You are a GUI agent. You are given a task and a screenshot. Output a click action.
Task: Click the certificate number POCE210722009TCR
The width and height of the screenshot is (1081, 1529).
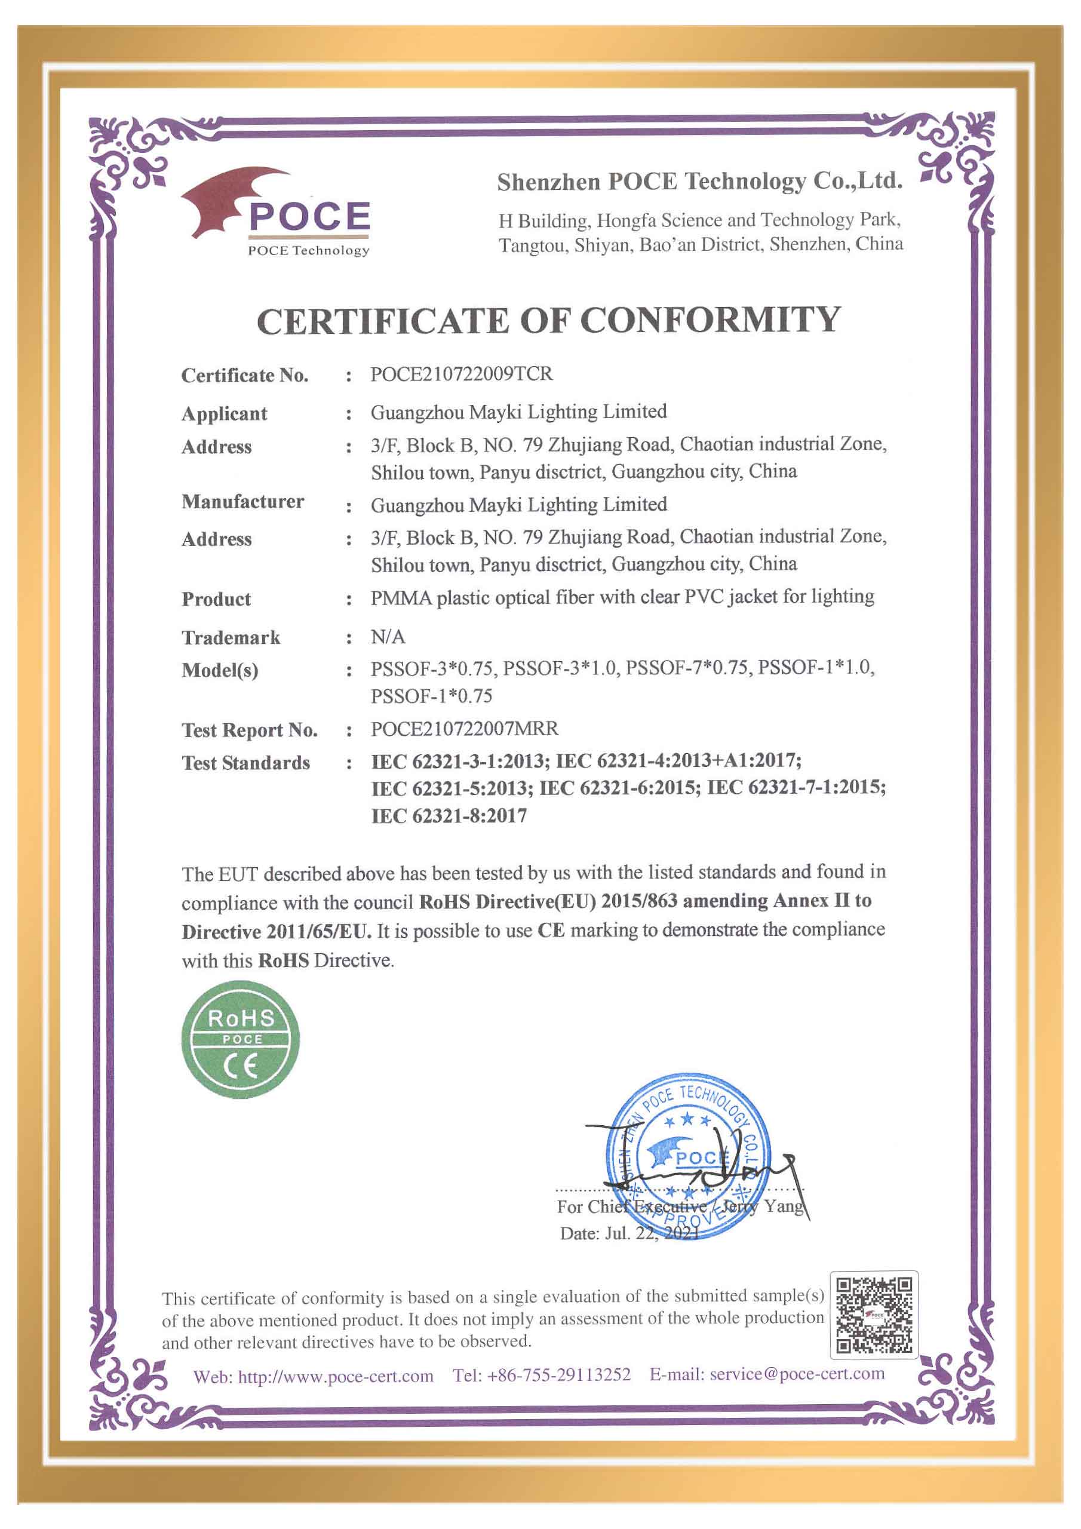pyautogui.click(x=461, y=374)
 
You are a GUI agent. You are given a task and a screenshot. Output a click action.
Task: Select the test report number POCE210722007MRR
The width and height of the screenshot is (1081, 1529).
pyautogui.click(x=464, y=729)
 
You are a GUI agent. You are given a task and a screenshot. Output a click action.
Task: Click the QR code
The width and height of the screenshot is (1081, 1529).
pyautogui.click(x=874, y=1315)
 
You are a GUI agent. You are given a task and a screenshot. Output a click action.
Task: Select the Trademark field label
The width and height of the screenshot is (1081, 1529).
pyautogui.click(x=231, y=637)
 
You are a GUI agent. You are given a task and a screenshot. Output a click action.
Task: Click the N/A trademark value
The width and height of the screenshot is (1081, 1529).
pyautogui.click(x=388, y=637)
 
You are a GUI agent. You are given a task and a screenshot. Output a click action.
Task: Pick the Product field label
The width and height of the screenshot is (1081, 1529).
pyautogui.click(x=216, y=598)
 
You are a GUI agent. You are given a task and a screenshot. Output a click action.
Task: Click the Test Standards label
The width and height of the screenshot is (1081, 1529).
pyautogui.click(x=246, y=763)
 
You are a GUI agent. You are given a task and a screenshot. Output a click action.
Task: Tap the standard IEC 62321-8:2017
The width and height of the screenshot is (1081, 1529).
pyautogui.click(x=449, y=816)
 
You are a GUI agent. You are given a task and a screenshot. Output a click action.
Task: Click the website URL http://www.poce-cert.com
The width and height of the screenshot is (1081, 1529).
pyautogui.click(x=336, y=1377)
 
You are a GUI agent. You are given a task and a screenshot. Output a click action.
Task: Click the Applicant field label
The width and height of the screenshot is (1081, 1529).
pyautogui.click(x=224, y=413)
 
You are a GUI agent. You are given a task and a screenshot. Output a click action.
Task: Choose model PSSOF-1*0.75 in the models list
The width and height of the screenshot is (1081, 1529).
pyautogui.click(x=432, y=696)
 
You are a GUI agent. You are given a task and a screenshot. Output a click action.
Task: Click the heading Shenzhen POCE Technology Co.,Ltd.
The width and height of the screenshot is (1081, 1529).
pyautogui.click(x=699, y=181)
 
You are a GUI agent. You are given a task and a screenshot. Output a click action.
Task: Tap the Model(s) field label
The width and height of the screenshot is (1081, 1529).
pyautogui.click(x=220, y=670)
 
